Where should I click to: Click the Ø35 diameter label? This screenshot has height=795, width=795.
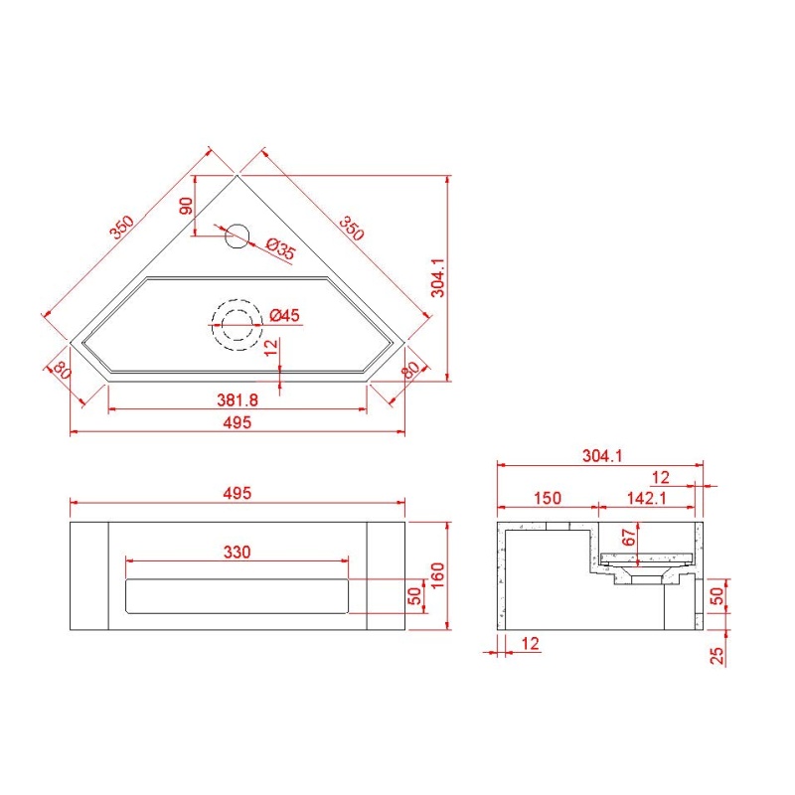coord(280,249)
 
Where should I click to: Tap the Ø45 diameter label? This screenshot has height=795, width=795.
coord(284,315)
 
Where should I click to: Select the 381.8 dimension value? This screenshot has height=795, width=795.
coord(238,400)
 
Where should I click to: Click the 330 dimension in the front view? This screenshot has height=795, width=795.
coord(238,552)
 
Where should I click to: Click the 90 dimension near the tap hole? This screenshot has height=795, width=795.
coord(186,206)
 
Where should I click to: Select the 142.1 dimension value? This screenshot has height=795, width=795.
coord(647,498)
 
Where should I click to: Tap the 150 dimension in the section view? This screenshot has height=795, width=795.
coord(548,498)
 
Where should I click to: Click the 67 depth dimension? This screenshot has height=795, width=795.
coord(628,537)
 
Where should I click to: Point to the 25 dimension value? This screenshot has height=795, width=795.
coord(716,656)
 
